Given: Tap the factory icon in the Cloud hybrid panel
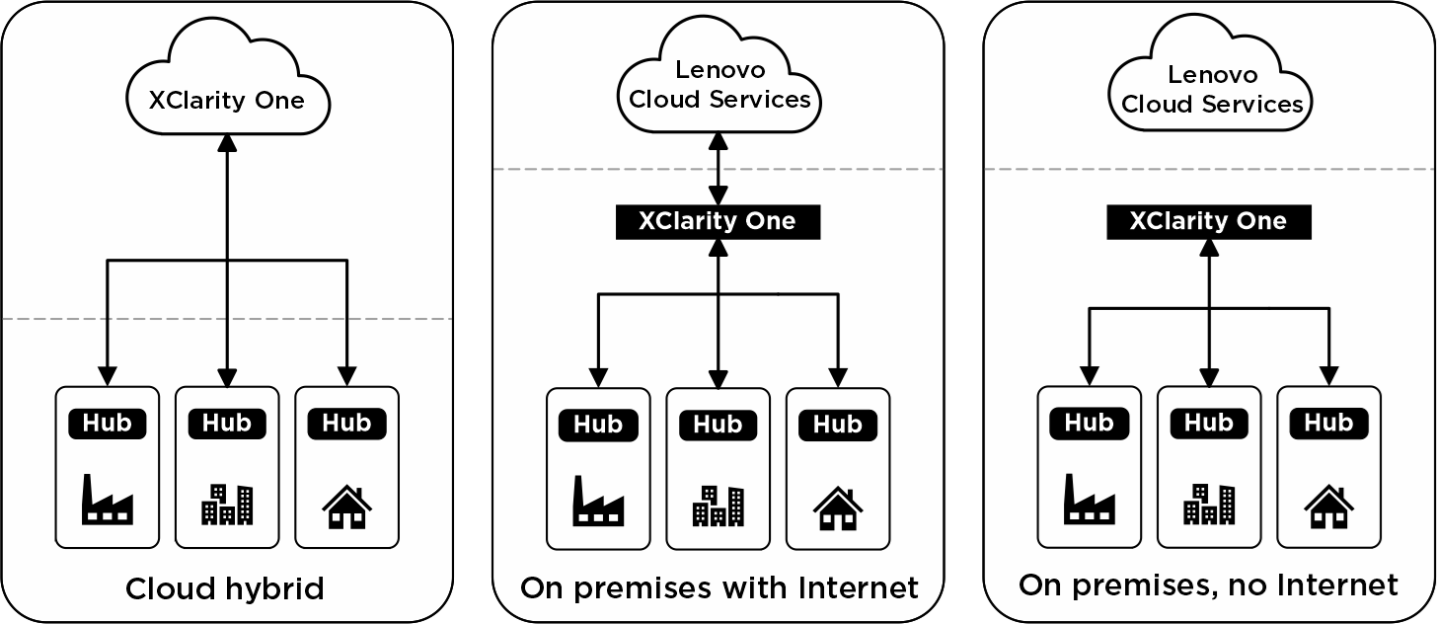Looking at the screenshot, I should tap(107, 501).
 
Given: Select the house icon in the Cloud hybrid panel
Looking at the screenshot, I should tap(346, 507).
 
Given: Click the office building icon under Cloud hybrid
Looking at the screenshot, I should tap(227, 504).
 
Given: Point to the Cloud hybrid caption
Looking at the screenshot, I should tap(225, 589).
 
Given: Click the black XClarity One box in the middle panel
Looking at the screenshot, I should tap(718, 221).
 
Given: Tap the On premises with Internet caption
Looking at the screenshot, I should tap(718, 588).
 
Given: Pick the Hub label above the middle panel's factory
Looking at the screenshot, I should tap(598, 425).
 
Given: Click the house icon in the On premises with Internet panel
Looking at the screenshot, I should tap(838, 507).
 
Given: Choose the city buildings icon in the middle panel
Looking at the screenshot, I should tap(718, 505).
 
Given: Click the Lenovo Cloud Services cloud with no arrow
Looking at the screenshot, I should tap(1212, 89).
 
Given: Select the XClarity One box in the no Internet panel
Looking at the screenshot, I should tap(1208, 221).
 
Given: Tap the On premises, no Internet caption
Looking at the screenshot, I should tap(1208, 585).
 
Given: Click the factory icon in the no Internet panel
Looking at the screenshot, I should tap(1090, 501).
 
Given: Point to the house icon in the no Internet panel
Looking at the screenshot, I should tap(1328, 506).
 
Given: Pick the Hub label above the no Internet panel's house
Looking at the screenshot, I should tap(1328, 423).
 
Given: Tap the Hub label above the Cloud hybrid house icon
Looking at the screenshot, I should tap(346, 423).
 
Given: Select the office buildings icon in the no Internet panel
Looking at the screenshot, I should tap(1209, 504).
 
